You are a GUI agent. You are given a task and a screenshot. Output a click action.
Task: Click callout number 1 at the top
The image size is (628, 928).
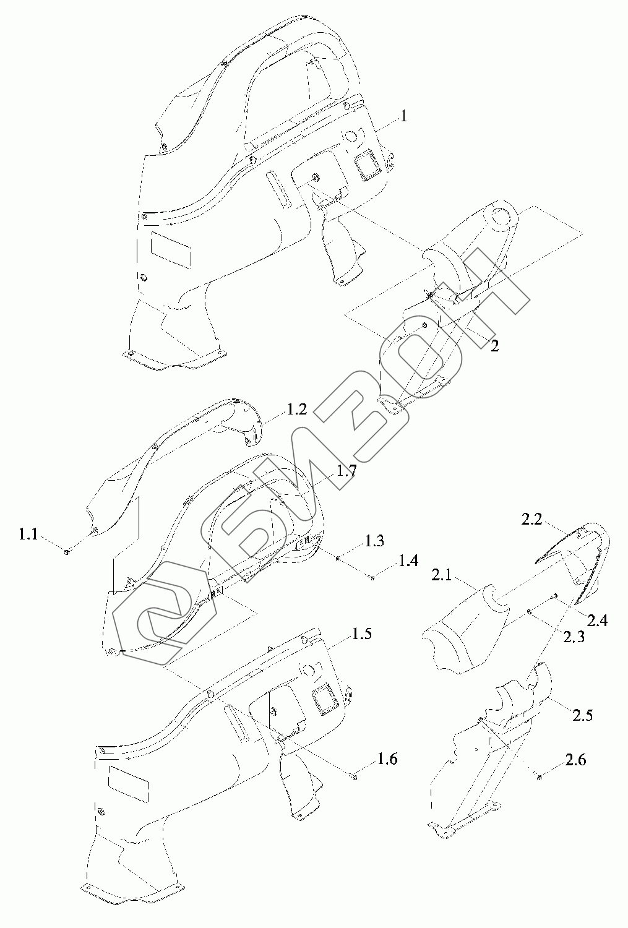coord(403,116)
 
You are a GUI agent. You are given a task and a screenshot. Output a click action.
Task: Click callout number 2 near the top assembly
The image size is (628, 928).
coord(494,346)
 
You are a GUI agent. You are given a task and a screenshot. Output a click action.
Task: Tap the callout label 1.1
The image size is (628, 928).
coord(28,533)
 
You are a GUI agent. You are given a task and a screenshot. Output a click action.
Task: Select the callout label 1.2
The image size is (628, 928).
coord(297,410)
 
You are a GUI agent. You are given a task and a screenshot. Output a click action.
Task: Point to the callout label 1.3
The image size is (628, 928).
coord(374,541)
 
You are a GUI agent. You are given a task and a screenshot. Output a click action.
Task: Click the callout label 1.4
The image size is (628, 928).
coord(408,561)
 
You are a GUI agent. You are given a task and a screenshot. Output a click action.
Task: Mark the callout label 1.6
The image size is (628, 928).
coord(387,759)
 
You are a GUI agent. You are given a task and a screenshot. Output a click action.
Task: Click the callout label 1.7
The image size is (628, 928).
coord(346,470)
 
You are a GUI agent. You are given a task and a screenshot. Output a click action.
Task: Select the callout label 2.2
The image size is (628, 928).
coord(531,520)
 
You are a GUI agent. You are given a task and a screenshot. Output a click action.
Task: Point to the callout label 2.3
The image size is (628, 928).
coord(574,637)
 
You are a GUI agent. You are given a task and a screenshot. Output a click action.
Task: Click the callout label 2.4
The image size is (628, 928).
coord(597,619)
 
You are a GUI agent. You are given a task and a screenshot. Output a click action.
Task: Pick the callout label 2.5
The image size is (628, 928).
coord(582,715)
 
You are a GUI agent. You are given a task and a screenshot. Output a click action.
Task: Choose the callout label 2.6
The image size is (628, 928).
coord(575,760)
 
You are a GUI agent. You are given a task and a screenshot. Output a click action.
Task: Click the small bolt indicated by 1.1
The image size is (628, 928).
coord(67,551)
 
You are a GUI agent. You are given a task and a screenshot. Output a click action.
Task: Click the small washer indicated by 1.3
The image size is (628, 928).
coord(337,558)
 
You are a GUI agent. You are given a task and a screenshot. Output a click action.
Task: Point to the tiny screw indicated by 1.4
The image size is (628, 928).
coord(372,578)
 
